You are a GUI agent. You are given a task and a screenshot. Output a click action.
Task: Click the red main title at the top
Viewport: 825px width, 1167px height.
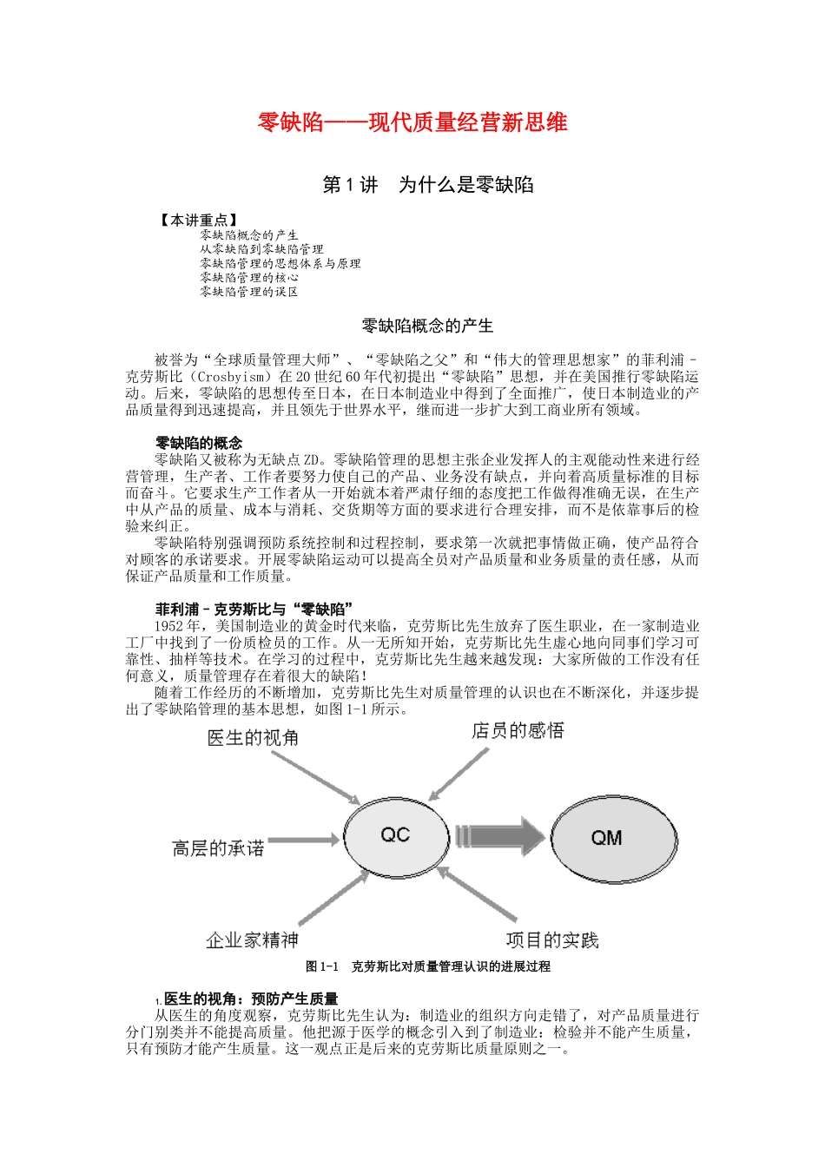coord(412,122)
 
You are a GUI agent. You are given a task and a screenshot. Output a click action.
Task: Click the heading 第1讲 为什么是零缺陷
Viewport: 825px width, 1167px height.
coord(427,185)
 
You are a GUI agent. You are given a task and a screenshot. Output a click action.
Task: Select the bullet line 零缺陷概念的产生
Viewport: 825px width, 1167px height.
coord(249,235)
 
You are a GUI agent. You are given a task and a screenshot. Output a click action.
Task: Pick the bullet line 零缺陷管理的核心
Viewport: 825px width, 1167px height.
coord(249,278)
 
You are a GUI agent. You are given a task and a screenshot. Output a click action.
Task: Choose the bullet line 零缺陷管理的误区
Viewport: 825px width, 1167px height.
coord(249,292)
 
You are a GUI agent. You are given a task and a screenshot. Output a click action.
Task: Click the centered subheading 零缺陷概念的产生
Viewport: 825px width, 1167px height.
coord(427,326)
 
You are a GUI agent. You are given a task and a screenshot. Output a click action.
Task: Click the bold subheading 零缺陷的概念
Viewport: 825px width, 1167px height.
coord(199,443)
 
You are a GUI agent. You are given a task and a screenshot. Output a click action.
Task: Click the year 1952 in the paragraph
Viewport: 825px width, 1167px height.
coord(168,626)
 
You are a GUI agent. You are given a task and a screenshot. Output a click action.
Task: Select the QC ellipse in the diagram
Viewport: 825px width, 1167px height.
coord(395,835)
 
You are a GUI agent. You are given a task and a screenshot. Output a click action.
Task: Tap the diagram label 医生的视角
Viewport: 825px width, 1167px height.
coord(253,738)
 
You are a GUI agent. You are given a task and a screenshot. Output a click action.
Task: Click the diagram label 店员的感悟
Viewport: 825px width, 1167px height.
coord(518,731)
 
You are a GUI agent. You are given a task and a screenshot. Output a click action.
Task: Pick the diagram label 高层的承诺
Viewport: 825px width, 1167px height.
coord(218,848)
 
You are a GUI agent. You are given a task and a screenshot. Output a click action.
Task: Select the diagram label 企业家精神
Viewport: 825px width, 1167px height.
coord(252,940)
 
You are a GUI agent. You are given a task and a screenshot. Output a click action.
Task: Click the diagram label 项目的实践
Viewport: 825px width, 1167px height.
coord(552,940)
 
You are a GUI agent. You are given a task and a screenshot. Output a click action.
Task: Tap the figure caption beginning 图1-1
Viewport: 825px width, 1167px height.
coord(428,966)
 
